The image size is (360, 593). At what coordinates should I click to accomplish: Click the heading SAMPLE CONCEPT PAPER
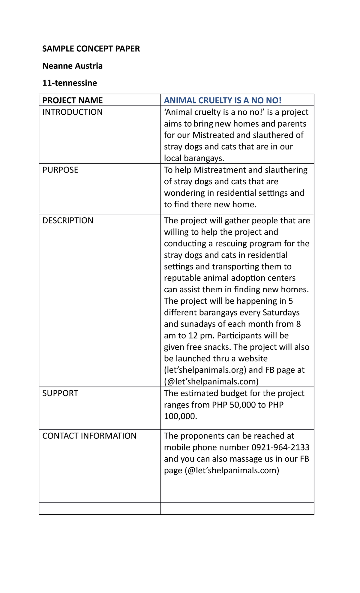(x=91, y=49)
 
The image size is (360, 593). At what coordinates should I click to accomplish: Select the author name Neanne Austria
(x=72, y=66)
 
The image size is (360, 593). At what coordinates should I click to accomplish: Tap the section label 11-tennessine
(x=69, y=83)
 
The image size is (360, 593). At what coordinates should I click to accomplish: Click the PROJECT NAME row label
(x=72, y=100)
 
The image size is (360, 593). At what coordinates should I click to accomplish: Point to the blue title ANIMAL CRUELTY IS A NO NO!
(x=222, y=100)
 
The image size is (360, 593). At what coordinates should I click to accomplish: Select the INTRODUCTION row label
(x=72, y=112)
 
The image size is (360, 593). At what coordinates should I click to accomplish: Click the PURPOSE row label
(x=60, y=170)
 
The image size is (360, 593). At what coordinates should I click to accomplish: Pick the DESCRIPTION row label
(x=68, y=220)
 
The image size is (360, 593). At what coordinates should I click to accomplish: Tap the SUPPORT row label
(x=60, y=393)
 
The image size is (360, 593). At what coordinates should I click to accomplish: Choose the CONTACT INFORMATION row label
(x=89, y=436)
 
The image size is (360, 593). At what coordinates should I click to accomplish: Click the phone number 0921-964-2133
(x=280, y=447)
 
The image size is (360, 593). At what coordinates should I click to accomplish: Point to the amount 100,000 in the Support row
(x=180, y=416)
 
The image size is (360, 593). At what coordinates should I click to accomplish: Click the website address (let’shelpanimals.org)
(x=205, y=370)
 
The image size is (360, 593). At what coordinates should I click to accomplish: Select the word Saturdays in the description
(x=281, y=312)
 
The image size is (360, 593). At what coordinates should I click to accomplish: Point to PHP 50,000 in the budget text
(x=233, y=405)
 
